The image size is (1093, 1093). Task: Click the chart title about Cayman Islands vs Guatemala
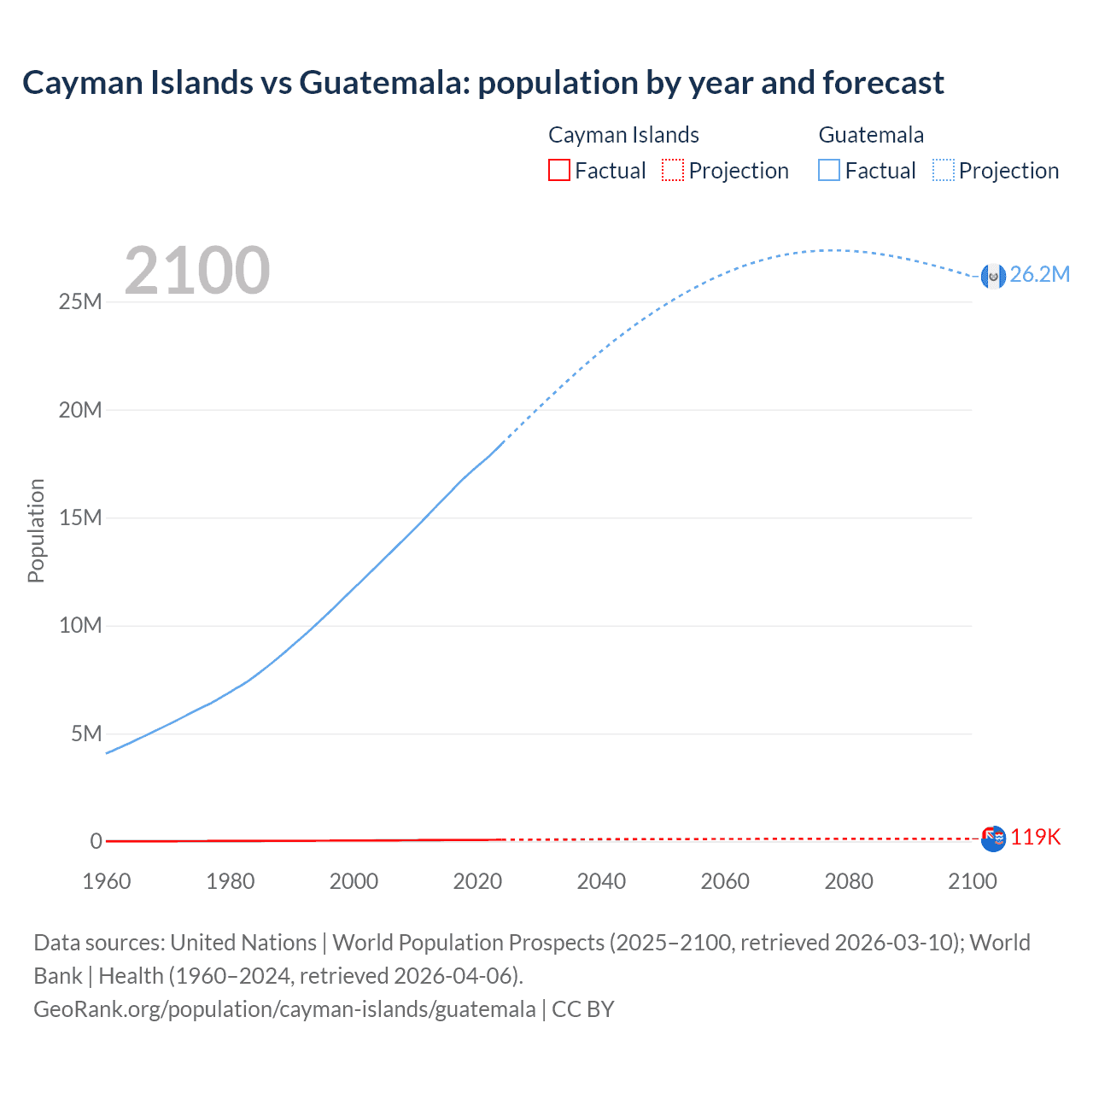click(482, 83)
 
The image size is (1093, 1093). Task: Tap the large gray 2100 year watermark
click(197, 271)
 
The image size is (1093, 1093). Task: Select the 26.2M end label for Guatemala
click(1039, 274)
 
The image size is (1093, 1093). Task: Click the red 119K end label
click(1035, 837)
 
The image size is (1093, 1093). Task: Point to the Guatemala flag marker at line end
click(993, 276)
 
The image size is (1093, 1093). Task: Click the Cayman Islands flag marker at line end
click(993, 839)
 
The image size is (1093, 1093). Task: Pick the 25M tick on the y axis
click(80, 302)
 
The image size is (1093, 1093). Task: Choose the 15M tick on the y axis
click(80, 518)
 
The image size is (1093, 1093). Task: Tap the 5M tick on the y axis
click(86, 734)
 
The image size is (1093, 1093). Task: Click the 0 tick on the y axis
click(96, 842)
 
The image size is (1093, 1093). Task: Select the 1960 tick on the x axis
click(107, 881)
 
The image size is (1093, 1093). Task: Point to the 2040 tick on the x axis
click(601, 881)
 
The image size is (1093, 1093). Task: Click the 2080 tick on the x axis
click(849, 881)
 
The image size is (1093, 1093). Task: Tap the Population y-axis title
click(36, 530)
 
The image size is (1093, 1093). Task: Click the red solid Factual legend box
click(559, 171)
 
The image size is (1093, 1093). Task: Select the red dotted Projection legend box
click(673, 171)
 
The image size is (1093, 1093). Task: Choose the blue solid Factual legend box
click(829, 171)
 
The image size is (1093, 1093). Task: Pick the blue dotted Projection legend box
click(944, 171)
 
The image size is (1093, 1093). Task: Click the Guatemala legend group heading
click(871, 135)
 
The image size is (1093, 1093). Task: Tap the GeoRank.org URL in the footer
click(284, 1009)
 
